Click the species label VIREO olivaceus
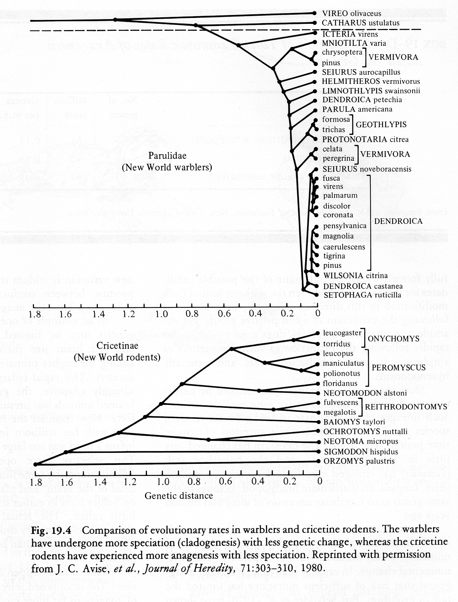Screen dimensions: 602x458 point(351,14)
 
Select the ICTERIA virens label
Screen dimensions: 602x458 point(350,34)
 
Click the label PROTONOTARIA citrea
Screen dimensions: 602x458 point(365,139)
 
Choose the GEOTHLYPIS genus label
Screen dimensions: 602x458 point(381,125)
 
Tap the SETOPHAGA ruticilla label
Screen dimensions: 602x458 point(362,295)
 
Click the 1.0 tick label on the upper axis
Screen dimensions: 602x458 point(162,314)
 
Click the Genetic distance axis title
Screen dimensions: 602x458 point(179,496)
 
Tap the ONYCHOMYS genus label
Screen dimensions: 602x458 point(388,339)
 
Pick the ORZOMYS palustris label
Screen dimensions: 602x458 point(359,461)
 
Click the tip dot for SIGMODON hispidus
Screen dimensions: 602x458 point(316,452)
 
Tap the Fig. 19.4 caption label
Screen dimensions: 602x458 point(55,530)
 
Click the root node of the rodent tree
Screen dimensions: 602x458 point(36,465)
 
